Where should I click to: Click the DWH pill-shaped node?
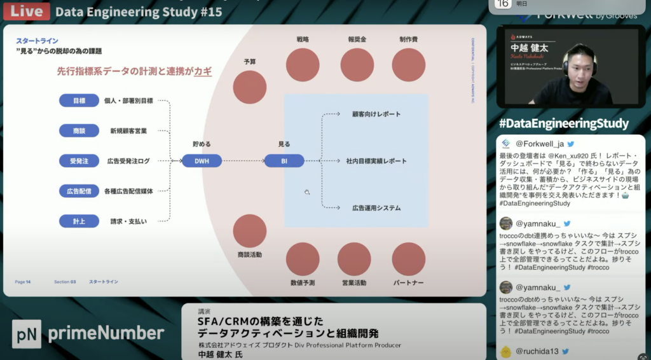(202, 161)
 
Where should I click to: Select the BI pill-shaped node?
(284, 161)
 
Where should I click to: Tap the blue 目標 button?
(79, 100)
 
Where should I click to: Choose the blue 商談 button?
(79, 130)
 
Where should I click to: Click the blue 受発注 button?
(79, 161)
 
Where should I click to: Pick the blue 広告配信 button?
(79, 191)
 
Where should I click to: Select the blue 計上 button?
(79, 221)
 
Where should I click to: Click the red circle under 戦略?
(303, 65)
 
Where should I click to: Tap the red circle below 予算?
(250, 87)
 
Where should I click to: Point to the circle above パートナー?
(408, 259)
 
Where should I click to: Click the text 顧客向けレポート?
(376, 114)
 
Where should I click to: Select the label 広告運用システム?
(376, 208)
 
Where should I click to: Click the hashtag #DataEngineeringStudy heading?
(564, 123)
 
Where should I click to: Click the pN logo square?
(26, 333)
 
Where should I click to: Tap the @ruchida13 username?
(537, 350)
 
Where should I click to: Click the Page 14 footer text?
(23, 282)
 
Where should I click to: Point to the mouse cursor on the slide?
(306, 191)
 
